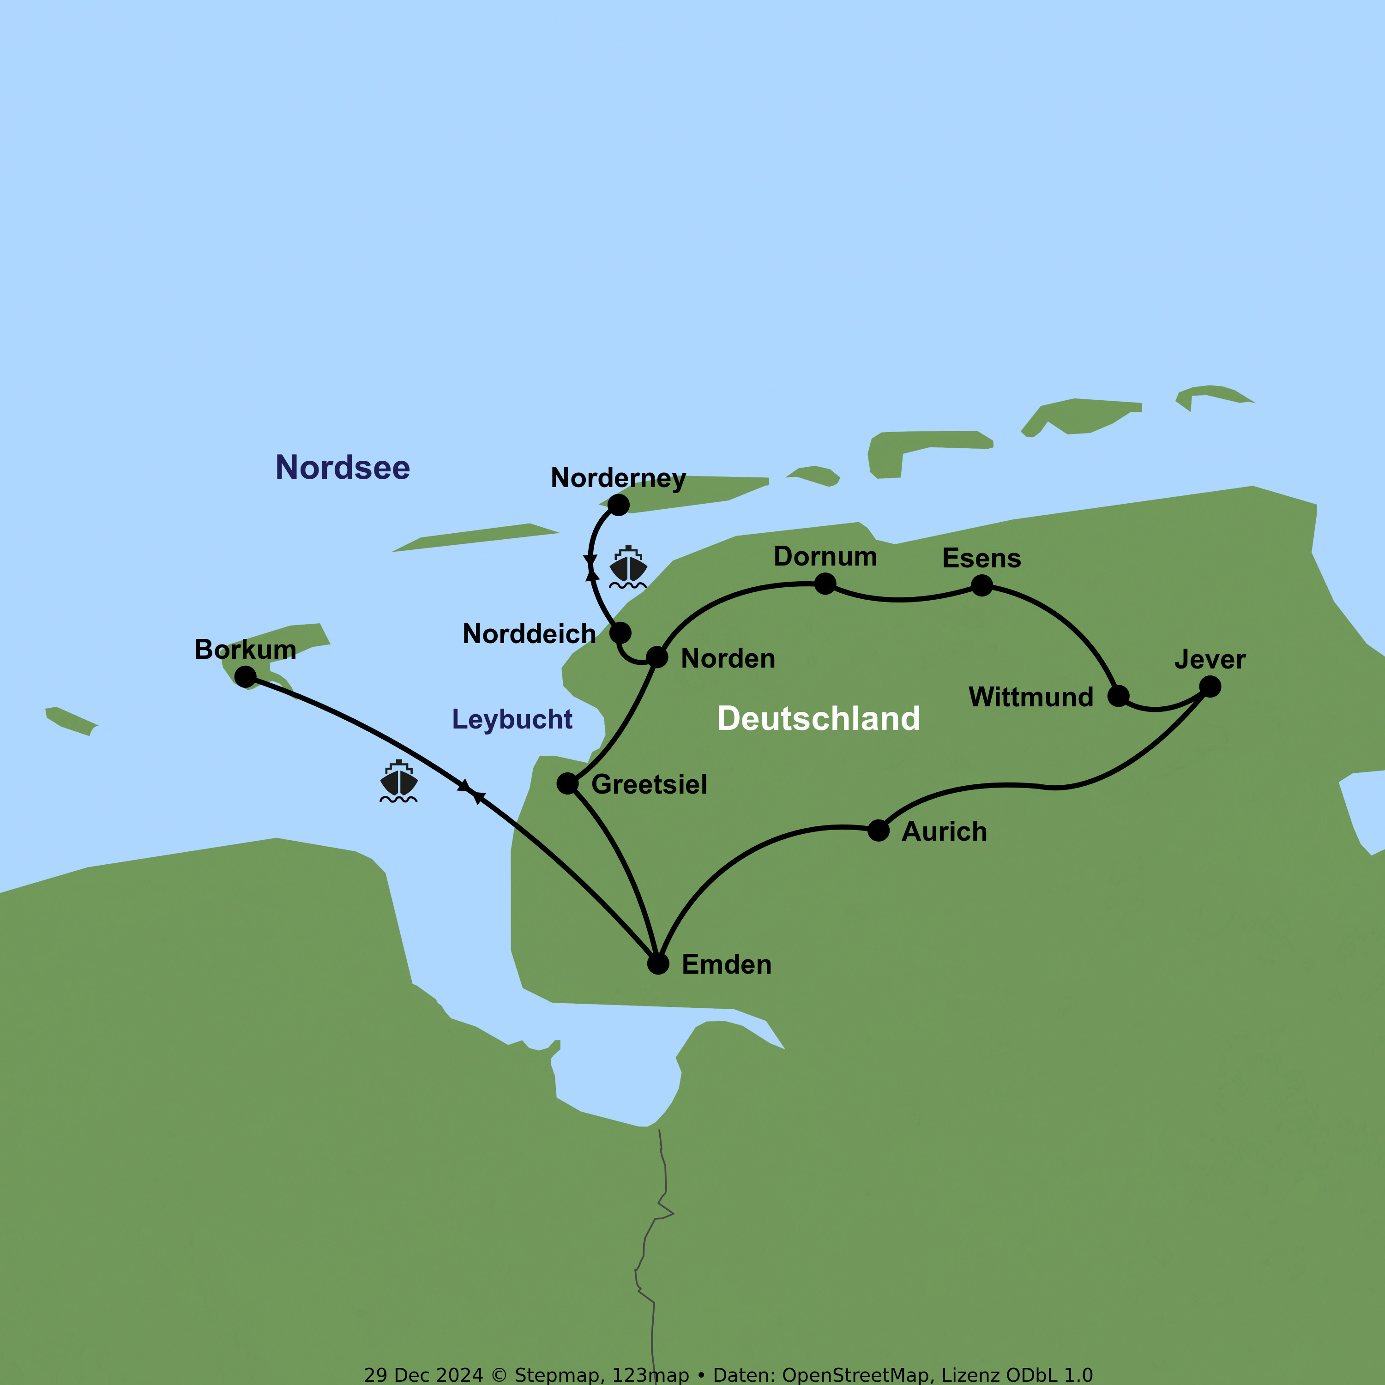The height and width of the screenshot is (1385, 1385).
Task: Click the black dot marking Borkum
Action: tap(245, 676)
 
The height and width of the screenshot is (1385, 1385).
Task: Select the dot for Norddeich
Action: tap(620, 633)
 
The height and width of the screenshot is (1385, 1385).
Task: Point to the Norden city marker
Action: tap(657, 656)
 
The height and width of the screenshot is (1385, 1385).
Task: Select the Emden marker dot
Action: tap(658, 963)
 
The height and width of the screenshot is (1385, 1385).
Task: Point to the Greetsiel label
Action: tap(649, 784)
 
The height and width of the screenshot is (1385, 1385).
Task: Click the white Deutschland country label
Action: tap(818, 718)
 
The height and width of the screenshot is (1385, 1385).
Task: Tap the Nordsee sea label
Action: tap(343, 467)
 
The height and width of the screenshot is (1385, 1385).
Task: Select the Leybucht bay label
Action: tap(512, 719)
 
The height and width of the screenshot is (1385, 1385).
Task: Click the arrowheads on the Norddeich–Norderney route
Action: tap(591, 566)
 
